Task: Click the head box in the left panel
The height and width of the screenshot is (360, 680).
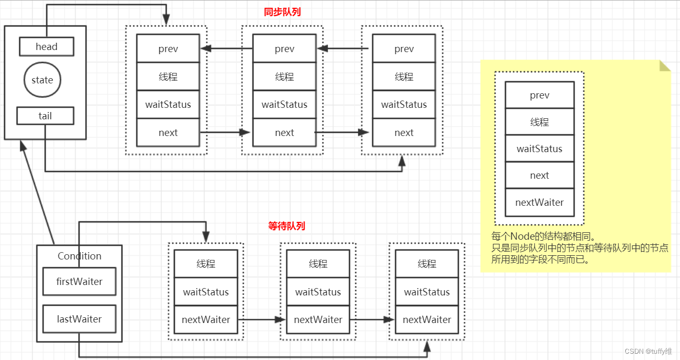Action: pos(46,46)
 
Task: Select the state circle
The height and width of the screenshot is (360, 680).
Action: pos(42,80)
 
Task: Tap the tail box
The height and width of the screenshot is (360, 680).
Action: pos(45,116)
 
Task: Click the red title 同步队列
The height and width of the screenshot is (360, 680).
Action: pos(282,12)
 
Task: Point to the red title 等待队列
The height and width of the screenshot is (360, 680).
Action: pos(286,226)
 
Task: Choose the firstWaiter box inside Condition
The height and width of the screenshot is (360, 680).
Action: pos(79,282)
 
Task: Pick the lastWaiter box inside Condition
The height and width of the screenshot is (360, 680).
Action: pos(79,319)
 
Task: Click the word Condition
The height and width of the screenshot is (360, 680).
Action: pos(79,256)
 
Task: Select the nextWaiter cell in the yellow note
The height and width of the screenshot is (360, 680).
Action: pos(539,203)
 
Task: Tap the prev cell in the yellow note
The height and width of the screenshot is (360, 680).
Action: pos(539,95)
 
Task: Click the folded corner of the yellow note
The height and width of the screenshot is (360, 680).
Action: pos(664,66)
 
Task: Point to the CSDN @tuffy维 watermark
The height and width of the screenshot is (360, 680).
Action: pos(648,352)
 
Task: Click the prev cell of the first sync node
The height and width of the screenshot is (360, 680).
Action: pos(168,48)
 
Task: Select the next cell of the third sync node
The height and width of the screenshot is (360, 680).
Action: pos(404,133)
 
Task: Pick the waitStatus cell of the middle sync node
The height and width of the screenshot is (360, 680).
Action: pos(284,105)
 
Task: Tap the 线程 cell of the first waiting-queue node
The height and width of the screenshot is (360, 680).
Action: pos(206,264)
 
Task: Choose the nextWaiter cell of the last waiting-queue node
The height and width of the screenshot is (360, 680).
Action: pos(426,320)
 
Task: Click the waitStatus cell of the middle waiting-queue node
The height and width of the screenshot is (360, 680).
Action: pos(318,292)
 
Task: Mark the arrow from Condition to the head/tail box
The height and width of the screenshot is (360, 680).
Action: pos(37,193)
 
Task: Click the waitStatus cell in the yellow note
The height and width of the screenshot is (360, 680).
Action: pos(539,149)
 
